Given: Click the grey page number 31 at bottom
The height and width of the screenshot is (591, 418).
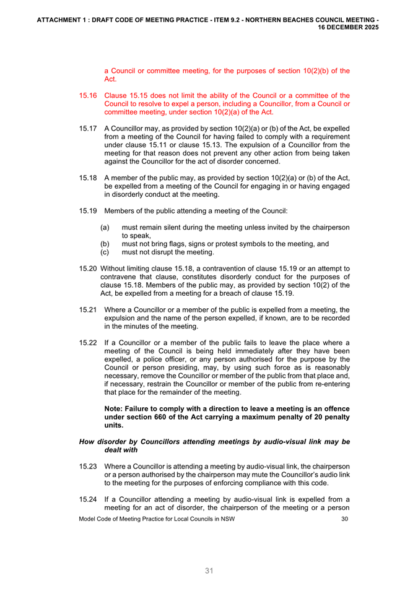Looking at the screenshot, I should click(209, 571).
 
